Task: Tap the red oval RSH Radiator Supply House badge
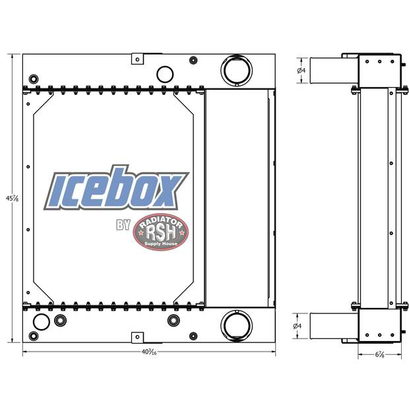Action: pos(161,233)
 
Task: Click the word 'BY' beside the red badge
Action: pos(123,226)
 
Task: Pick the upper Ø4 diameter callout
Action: pos(301,70)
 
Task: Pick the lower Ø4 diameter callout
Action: pos(301,326)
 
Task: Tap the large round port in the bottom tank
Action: pos(236,325)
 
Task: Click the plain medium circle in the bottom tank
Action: pos(40,322)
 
